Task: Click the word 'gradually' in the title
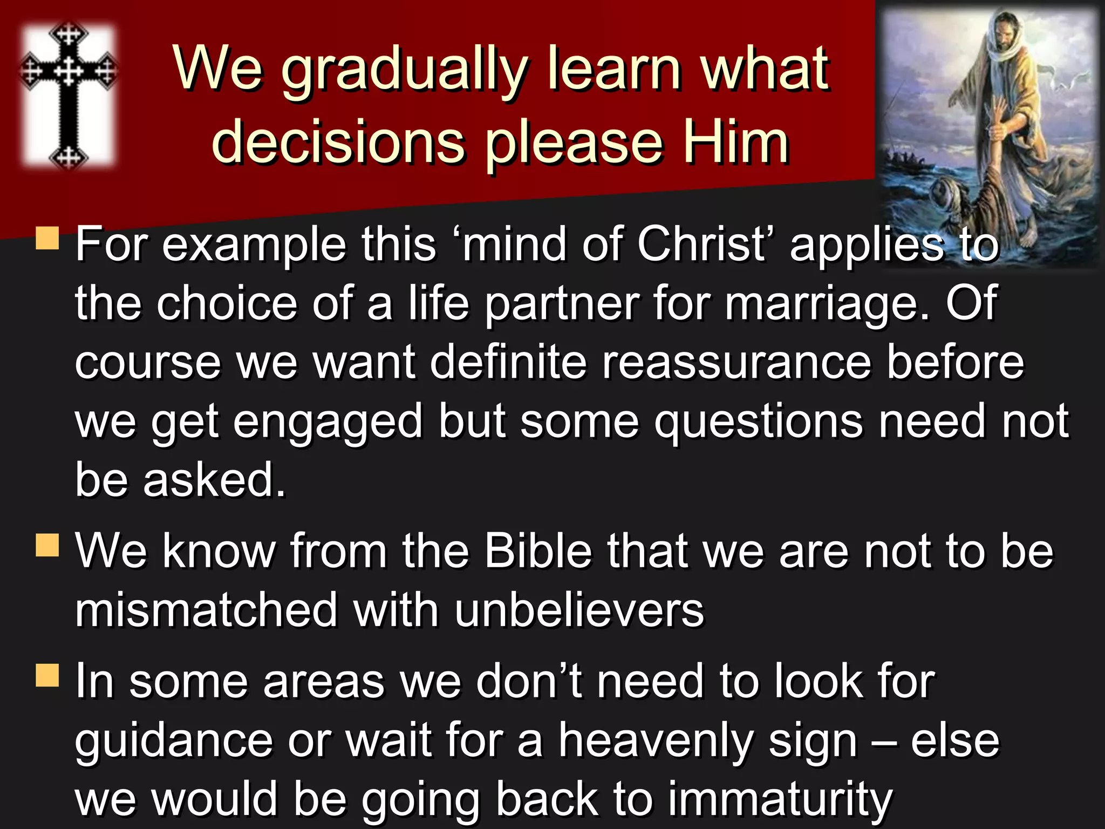click(x=405, y=70)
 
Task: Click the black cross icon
click(x=68, y=95)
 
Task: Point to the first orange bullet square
click(x=47, y=238)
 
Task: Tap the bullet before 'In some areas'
click(x=47, y=675)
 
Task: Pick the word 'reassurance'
click(x=736, y=362)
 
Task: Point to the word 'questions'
click(x=759, y=422)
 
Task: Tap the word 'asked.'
click(x=214, y=480)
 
